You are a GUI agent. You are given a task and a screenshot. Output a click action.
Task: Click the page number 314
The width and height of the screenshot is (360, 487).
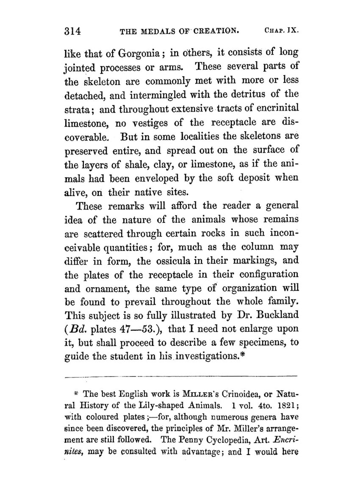coord(72,32)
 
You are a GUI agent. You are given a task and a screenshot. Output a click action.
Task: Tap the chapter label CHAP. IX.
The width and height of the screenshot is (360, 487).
coord(282,32)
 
